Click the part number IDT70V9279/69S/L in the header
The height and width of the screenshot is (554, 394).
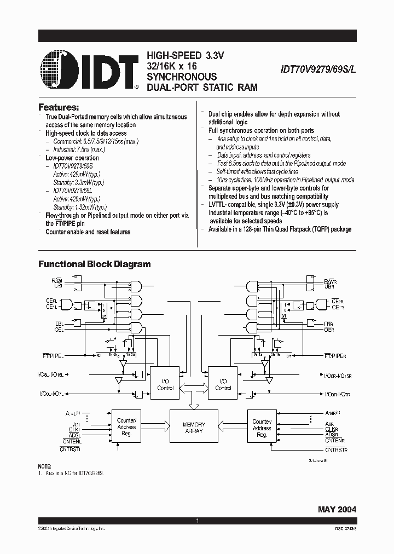coord(318,70)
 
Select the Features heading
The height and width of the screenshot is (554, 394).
coord(59,107)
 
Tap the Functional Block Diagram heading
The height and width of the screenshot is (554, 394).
coord(94,264)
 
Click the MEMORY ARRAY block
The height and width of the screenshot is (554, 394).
coord(194,428)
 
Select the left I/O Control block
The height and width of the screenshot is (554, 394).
coord(165,384)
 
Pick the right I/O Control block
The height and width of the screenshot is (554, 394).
coord(223,384)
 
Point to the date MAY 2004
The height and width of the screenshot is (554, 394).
coord(337,509)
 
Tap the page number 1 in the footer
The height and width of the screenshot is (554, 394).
coord(197,521)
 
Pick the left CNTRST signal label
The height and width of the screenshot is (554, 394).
coord(70,449)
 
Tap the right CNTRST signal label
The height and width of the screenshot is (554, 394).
coord(336,449)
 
